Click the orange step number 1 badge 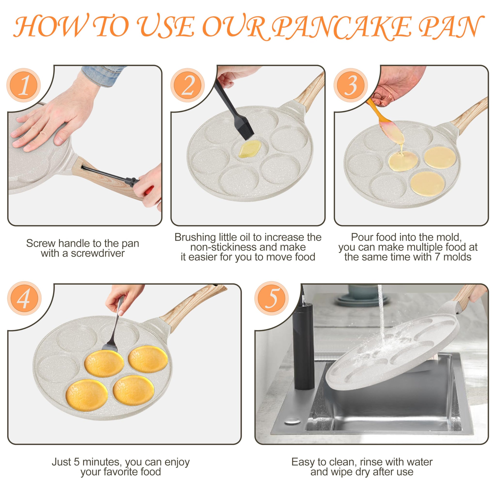(24, 85)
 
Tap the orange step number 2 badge (188, 85)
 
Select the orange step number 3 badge (351, 85)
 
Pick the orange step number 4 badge (24, 298)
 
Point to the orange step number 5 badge (272, 298)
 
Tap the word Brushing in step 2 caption (195, 238)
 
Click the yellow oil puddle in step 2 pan (250, 149)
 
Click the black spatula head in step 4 (110, 346)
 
